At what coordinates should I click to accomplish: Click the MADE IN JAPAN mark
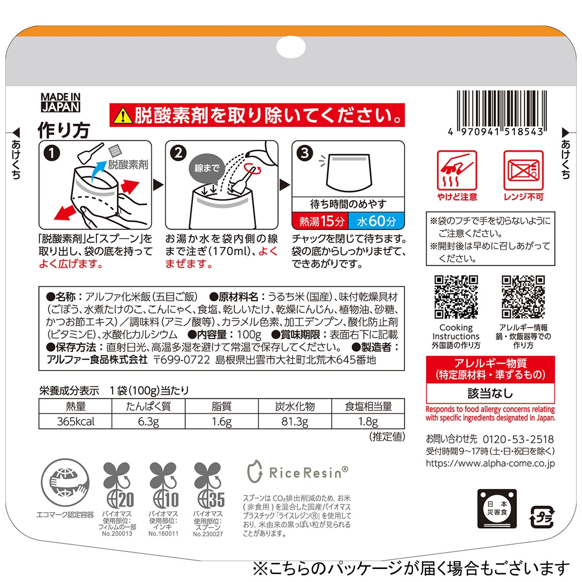pos(61,102)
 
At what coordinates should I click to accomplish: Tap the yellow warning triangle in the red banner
pos(123,116)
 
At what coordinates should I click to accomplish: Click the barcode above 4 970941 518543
pos(502,109)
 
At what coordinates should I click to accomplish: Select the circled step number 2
pos(178,153)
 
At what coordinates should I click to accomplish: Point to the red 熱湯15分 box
pos(320,221)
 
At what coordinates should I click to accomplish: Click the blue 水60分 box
pos(376,221)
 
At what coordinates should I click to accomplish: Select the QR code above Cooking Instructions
pos(456,297)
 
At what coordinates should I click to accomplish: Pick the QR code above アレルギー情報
pos(523,297)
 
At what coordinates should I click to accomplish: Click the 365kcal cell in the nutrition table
pos(76,421)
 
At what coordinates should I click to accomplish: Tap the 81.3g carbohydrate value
pos(295,421)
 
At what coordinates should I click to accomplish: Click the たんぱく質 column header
pos(148,406)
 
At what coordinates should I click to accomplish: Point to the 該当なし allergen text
pos(490,393)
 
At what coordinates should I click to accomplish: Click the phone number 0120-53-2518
pos(518,439)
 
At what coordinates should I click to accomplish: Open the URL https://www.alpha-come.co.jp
pos(490,463)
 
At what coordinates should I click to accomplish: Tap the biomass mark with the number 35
pos(209,489)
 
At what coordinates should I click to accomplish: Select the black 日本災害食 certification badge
pos(497,509)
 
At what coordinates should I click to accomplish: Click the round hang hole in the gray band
pos(291,47)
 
